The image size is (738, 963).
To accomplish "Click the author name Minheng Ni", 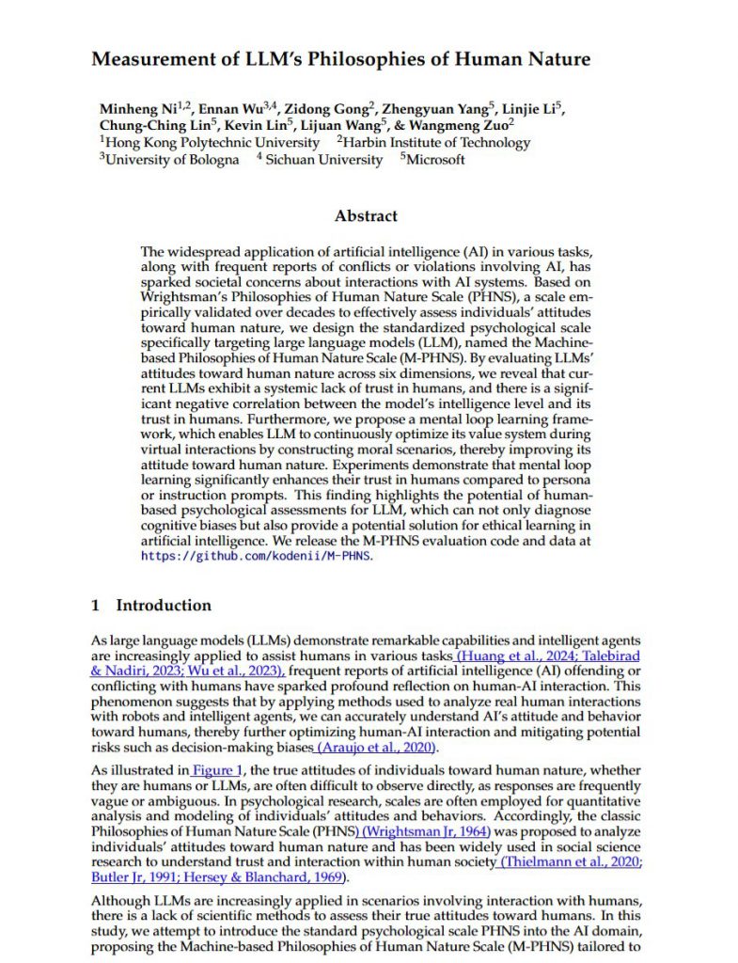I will pyautogui.click(x=137, y=107).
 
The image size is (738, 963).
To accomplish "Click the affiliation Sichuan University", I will pyautogui.click(x=323, y=160).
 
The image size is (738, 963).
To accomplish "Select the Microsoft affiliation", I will pyautogui.click(x=434, y=160).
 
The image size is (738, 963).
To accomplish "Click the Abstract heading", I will pyautogui.click(x=366, y=215).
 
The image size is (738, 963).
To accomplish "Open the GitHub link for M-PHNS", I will pyautogui.click(x=257, y=555).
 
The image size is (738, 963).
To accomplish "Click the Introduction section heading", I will pyautogui.click(x=164, y=605).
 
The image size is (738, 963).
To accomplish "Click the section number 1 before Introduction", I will pyautogui.click(x=95, y=605).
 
